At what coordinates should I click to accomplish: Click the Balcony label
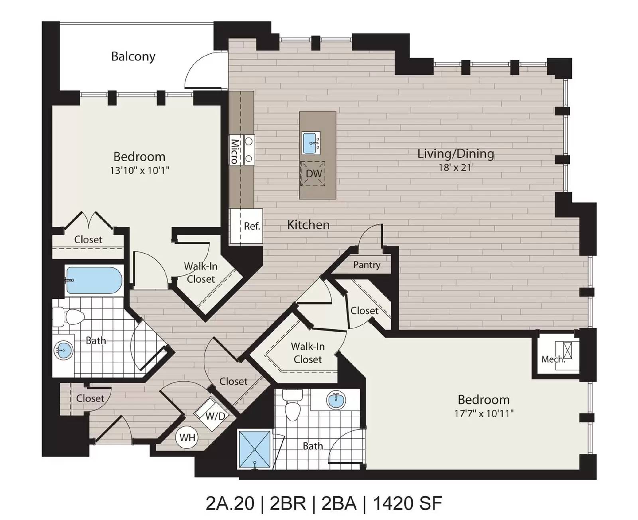[x=133, y=57]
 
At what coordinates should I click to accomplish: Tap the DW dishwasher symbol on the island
[x=313, y=174]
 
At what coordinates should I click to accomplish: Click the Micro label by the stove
[x=234, y=151]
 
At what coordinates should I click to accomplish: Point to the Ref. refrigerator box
[x=246, y=226]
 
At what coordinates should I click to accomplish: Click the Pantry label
[x=366, y=265]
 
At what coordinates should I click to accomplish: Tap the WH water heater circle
[x=187, y=437]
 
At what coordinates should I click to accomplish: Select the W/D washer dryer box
[x=211, y=414]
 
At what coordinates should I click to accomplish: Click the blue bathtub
[x=94, y=280]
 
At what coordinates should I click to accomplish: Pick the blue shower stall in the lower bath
[x=255, y=450]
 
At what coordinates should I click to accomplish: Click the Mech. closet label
[x=553, y=359]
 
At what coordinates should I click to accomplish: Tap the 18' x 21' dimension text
[x=456, y=167]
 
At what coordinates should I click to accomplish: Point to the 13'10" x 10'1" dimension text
[x=140, y=170]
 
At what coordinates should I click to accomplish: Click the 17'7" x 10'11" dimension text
[x=484, y=413]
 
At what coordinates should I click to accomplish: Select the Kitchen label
[x=308, y=225]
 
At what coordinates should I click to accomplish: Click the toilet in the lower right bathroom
[x=292, y=405]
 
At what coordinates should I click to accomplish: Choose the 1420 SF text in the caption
[x=408, y=503]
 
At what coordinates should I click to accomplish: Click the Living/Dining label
[x=456, y=154]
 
